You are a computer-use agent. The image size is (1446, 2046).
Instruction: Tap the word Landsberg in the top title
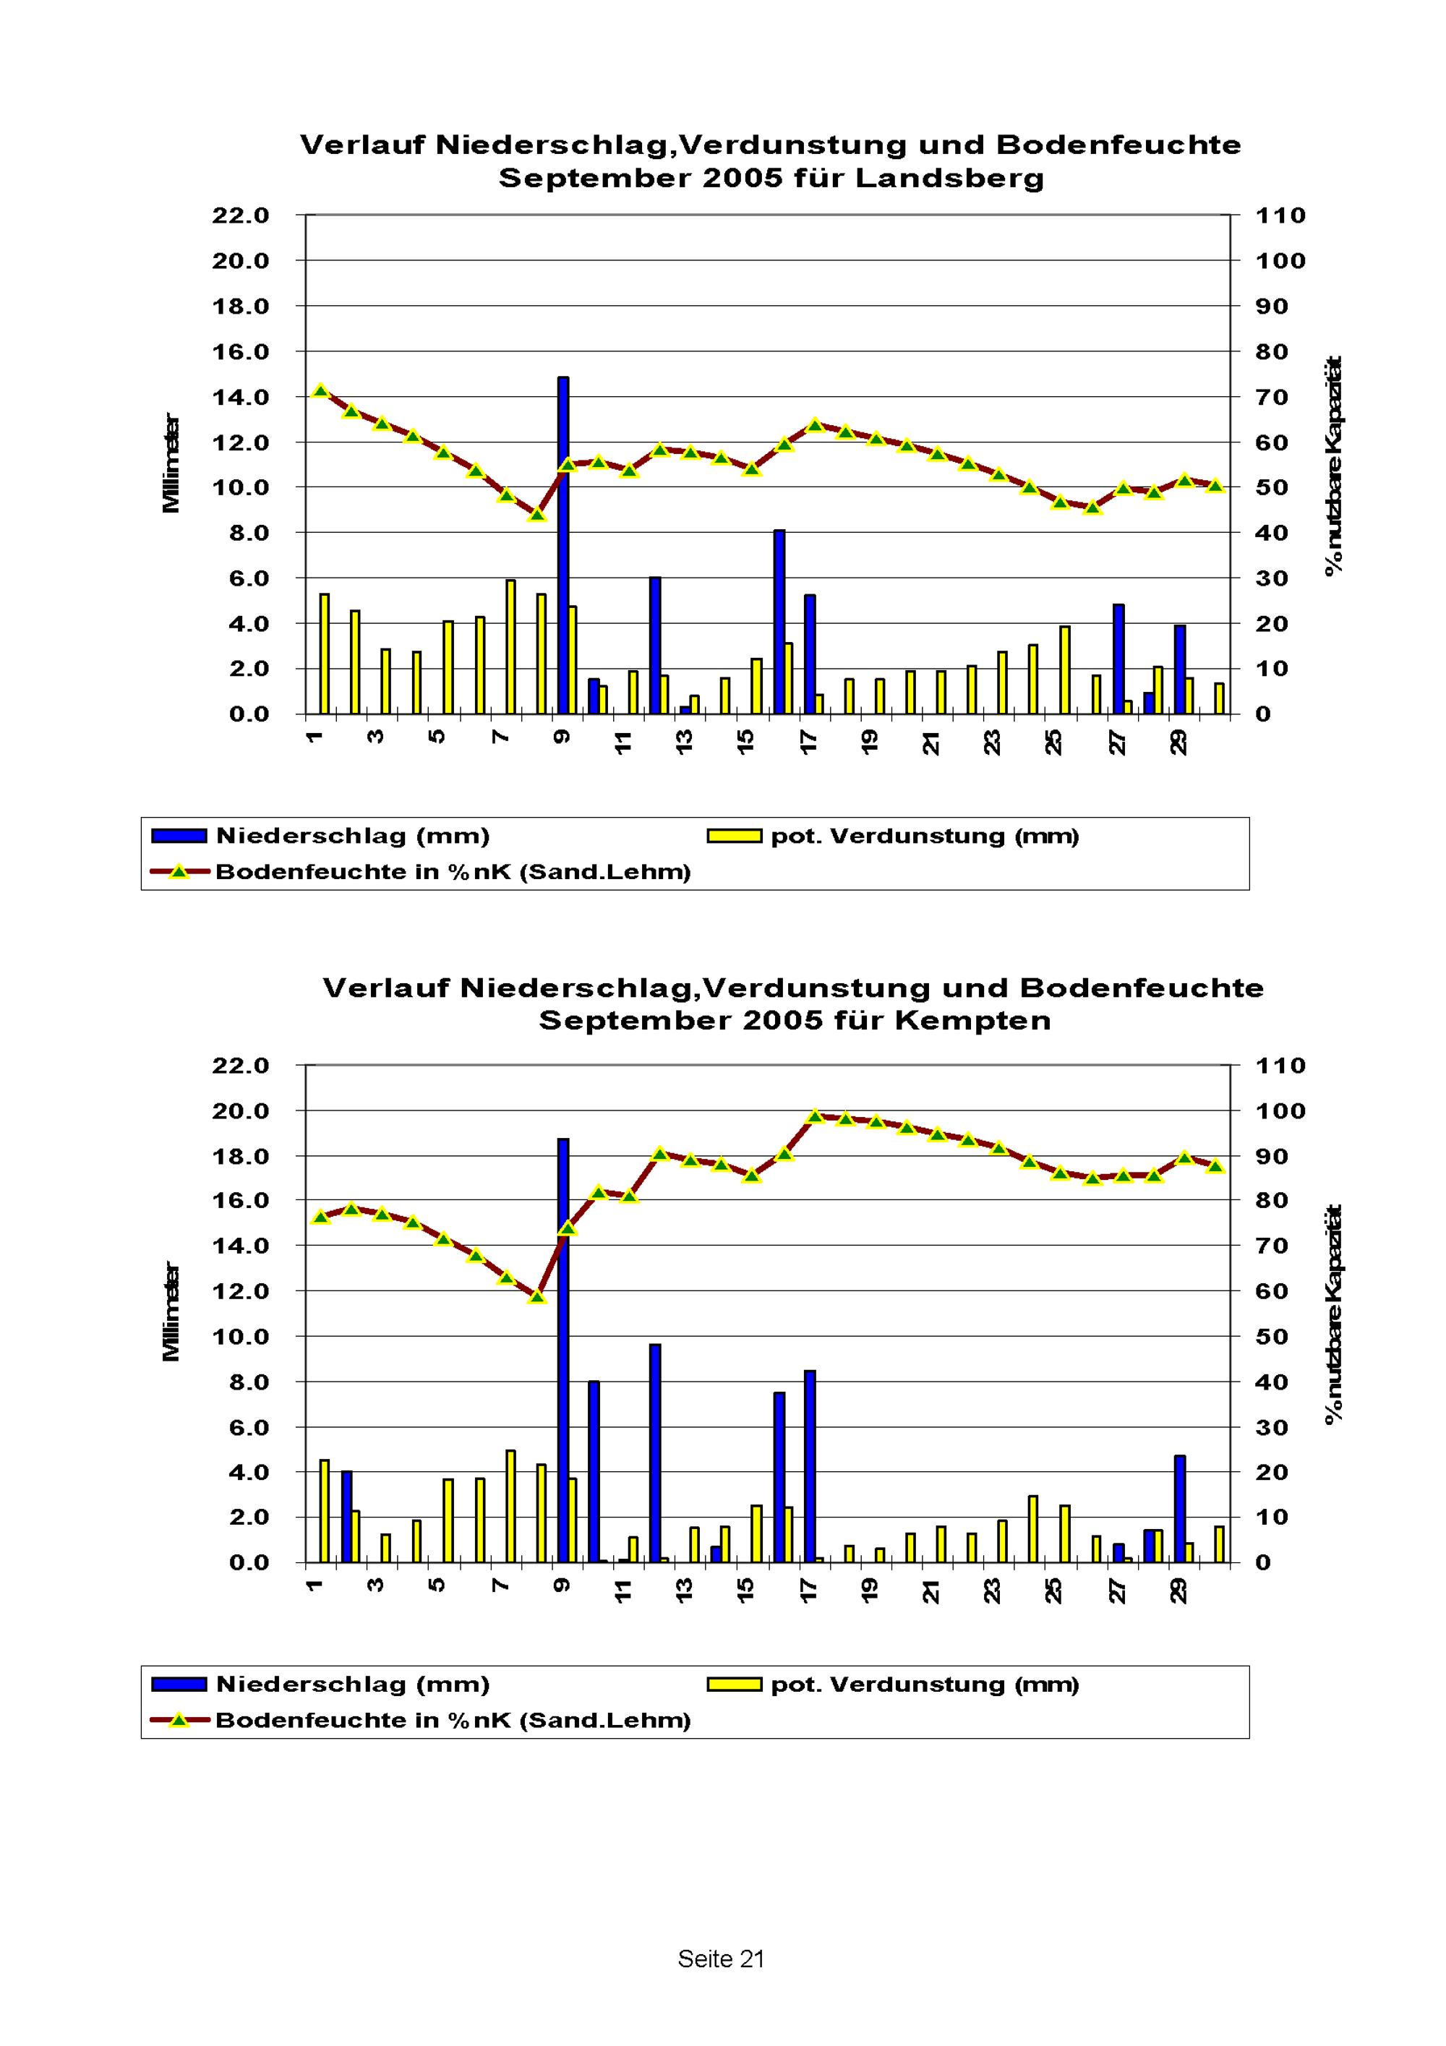click(x=949, y=179)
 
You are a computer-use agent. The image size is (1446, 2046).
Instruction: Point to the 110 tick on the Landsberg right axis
click(x=1280, y=215)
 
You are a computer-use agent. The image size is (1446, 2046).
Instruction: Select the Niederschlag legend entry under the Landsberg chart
click(x=321, y=836)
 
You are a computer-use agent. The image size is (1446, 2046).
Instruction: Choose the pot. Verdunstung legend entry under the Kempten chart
click(x=893, y=1685)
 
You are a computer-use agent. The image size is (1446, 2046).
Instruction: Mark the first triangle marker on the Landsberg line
click(x=322, y=391)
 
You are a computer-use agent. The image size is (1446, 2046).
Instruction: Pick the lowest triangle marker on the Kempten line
click(x=536, y=1296)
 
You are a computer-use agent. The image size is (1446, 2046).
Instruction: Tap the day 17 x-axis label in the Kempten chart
click(x=808, y=1591)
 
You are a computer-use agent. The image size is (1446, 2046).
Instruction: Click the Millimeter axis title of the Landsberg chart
click(x=171, y=463)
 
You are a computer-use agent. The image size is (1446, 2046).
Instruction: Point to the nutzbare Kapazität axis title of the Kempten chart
click(x=1334, y=1314)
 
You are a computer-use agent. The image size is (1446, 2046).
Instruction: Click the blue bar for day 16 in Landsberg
click(x=779, y=621)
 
